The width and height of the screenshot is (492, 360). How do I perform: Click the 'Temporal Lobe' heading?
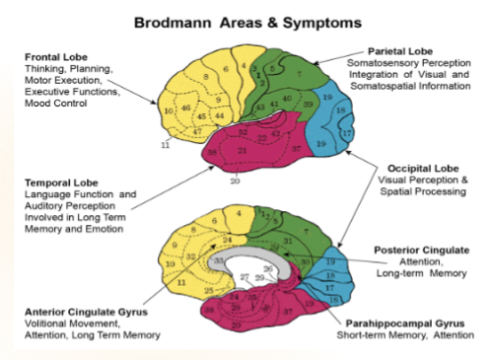[x=61, y=182]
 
